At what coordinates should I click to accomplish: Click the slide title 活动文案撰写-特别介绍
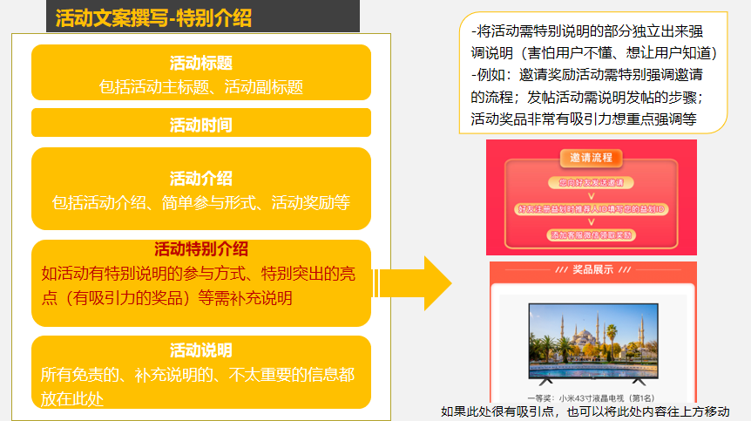(x=153, y=18)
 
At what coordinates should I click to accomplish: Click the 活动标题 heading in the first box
(x=201, y=63)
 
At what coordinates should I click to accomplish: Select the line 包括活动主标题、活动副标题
(x=201, y=86)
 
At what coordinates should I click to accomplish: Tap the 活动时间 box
(x=201, y=125)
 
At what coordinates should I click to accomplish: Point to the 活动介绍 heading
(x=201, y=179)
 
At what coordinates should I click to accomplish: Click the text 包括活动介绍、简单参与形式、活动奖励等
(x=201, y=203)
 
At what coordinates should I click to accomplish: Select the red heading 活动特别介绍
(x=201, y=249)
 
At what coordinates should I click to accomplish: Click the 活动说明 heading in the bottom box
(x=201, y=350)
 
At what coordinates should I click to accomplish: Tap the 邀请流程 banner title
(x=592, y=159)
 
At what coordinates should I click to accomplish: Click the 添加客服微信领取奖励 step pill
(x=592, y=234)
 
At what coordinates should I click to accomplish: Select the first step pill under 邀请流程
(x=592, y=183)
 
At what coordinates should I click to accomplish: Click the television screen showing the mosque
(x=592, y=336)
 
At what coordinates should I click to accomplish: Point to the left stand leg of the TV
(x=546, y=382)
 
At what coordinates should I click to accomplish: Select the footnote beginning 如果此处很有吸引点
(x=585, y=411)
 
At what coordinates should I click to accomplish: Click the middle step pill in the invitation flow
(x=592, y=209)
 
